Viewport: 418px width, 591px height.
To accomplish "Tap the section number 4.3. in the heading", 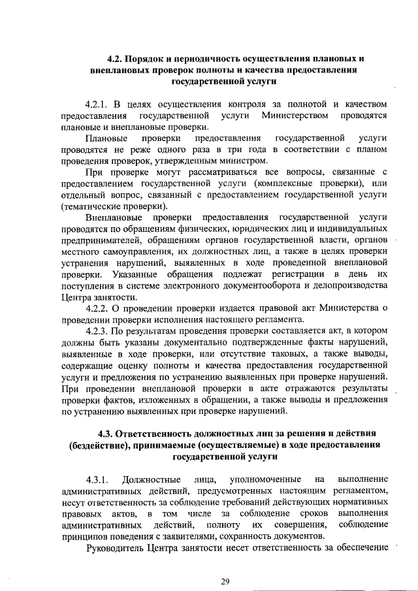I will click(106, 434).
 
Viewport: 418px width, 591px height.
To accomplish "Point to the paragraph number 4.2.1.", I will click(99, 103).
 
